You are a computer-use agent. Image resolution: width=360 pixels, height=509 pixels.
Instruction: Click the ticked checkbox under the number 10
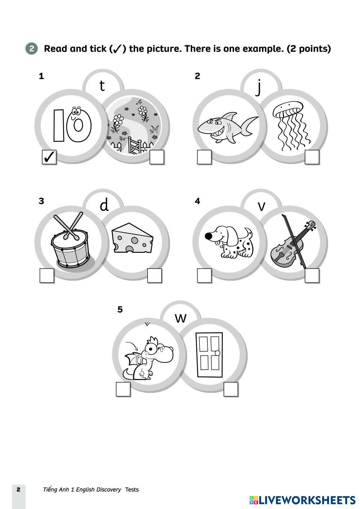point(49,157)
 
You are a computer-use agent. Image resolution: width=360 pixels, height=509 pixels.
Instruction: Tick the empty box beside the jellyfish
point(312,157)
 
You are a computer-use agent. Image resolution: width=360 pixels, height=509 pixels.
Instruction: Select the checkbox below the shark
point(204,157)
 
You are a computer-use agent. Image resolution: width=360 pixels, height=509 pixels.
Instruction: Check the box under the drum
point(47,276)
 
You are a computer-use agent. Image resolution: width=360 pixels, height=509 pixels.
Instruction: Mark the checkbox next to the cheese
point(154,276)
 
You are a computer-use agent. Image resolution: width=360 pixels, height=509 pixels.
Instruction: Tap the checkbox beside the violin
point(312,276)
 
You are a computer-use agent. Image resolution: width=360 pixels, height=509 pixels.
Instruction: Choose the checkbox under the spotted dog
point(204,276)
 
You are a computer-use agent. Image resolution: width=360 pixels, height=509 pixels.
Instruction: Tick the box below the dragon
point(123,389)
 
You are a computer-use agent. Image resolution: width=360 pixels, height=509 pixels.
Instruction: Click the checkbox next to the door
point(231,389)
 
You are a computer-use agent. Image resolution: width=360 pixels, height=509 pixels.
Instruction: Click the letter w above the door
point(181,318)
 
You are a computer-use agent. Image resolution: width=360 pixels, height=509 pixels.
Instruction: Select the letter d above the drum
point(104,205)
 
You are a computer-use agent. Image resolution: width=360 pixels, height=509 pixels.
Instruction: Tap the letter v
point(262,206)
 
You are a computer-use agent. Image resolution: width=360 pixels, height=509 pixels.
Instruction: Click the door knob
point(217,353)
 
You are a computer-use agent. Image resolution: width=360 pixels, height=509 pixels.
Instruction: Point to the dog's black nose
point(208,236)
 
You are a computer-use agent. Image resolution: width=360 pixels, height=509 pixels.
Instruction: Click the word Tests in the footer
point(132,490)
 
